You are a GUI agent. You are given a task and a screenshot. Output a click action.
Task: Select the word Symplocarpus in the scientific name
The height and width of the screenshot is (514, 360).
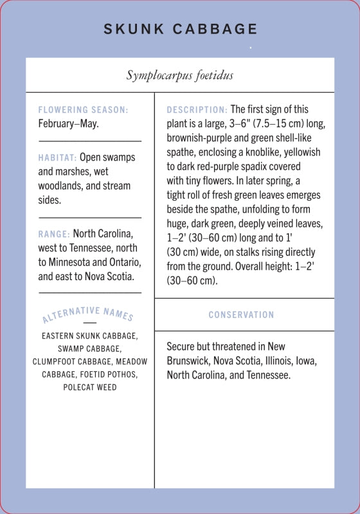(x=157, y=75)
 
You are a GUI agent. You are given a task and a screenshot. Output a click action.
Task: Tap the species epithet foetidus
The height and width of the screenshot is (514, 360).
(x=212, y=75)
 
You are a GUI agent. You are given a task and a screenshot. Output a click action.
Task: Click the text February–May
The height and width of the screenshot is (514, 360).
(x=68, y=123)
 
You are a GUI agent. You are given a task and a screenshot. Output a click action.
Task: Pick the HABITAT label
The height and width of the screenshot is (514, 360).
(x=57, y=157)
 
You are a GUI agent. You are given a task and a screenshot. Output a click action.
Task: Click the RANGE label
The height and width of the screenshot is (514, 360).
(x=54, y=234)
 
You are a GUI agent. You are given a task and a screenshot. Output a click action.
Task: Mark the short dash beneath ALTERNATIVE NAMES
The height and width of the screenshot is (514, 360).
(x=89, y=323)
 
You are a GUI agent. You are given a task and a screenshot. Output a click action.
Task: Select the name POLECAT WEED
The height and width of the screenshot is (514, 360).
(x=89, y=387)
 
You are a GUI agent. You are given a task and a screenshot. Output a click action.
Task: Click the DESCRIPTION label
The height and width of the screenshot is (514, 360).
(x=197, y=110)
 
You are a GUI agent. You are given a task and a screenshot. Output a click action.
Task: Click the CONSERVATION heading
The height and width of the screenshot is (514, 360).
(x=241, y=315)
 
